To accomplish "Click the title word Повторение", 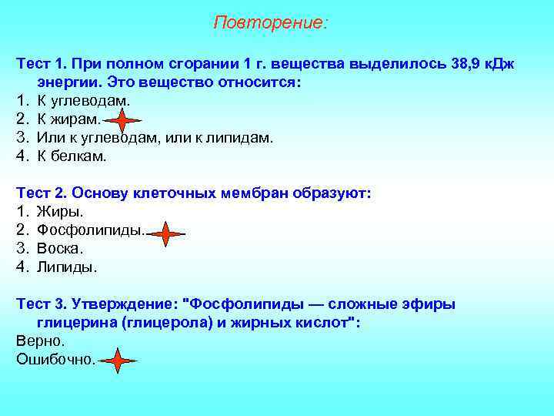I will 269,22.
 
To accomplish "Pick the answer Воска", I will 60,249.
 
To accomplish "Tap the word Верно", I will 40,340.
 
